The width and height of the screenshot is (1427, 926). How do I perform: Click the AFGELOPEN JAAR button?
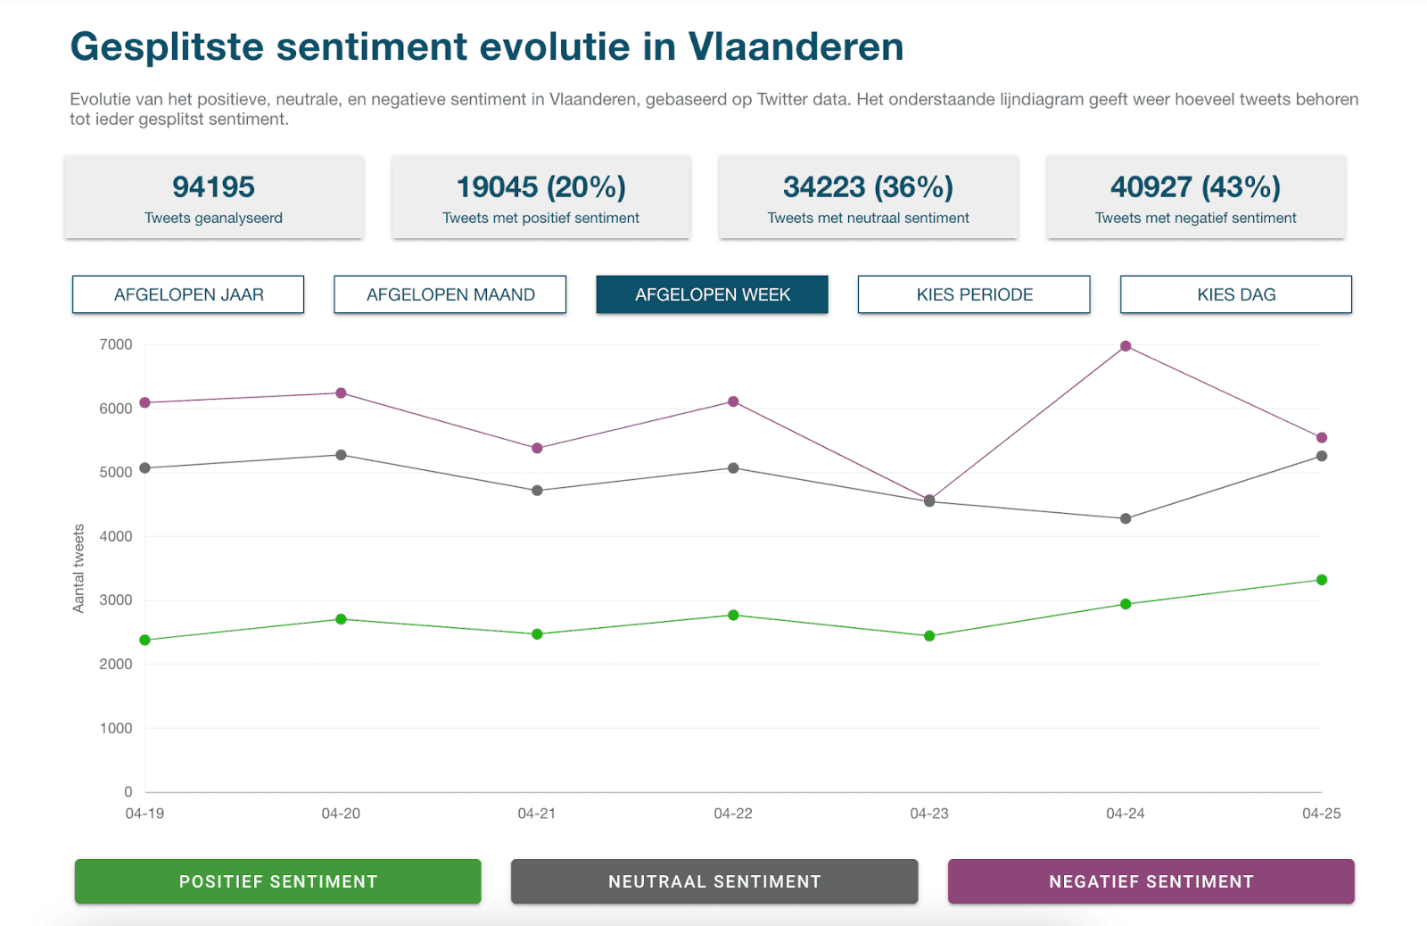(x=188, y=294)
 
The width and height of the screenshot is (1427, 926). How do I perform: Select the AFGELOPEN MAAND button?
(x=450, y=294)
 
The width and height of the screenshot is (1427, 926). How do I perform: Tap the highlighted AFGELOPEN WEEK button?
(x=713, y=294)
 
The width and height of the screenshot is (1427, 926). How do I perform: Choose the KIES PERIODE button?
(x=974, y=294)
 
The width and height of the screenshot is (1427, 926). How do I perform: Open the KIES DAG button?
(x=1236, y=294)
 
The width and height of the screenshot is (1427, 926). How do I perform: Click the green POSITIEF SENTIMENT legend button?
(x=277, y=881)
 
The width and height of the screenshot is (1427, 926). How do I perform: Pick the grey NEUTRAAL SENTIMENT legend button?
(x=714, y=881)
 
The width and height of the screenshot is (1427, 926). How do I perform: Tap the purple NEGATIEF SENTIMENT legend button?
(x=1151, y=881)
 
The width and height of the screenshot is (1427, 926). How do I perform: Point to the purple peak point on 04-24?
(x=1126, y=346)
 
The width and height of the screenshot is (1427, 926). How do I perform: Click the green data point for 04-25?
(x=1322, y=580)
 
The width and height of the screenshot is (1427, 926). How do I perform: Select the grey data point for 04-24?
(x=1126, y=519)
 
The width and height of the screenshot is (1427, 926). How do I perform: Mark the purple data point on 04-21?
(x=537, y=449)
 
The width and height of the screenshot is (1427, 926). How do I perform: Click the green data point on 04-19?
(x=144, y=640)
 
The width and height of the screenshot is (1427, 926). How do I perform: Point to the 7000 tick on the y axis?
(x=116, y=344)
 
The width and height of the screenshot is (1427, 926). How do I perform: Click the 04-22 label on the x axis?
(x=733, y=814)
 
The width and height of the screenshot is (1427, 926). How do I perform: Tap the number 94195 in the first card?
(x=213, y=187)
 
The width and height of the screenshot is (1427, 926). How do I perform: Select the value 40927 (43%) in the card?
(x=1196, y=187)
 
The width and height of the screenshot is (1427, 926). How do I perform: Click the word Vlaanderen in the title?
(x=796, y=46)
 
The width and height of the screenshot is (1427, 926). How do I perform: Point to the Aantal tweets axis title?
(x=78, y=568)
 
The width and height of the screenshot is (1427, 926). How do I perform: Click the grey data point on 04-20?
(x=341, y=455)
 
